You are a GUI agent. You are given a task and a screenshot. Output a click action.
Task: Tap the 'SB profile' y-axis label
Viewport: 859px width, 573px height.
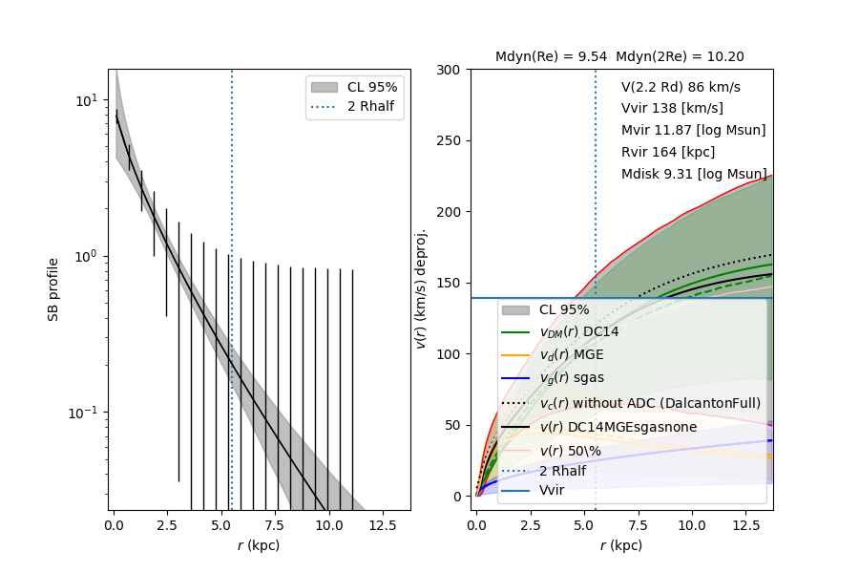pos(54,289)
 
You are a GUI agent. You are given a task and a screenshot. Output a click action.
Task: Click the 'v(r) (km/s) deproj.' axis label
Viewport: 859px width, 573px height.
pos(421,289)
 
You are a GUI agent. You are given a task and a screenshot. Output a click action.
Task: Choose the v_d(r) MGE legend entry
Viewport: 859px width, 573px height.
pos(572,355)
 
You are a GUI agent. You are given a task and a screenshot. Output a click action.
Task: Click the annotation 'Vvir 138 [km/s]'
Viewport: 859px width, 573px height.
pos(672,108)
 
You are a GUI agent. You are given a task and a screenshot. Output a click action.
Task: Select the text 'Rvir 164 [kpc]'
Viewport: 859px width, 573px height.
pos(667,152)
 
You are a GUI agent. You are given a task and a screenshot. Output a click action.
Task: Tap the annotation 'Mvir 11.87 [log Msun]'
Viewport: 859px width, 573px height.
pos(693,130)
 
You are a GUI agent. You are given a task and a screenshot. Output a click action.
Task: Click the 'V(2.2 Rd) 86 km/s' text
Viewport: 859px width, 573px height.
pos(681,87)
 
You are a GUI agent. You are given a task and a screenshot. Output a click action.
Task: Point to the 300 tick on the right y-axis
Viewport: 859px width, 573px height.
pos(450,70)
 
